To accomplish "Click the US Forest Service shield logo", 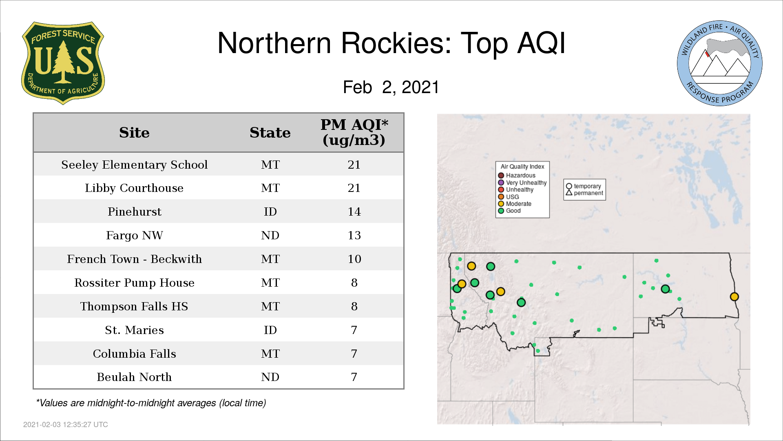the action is (63, 63).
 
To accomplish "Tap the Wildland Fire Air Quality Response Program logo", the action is (720, 63).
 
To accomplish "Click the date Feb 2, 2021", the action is (391, 87).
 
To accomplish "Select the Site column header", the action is (134, 133).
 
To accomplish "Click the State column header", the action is (270, 133).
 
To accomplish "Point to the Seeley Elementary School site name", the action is (134, 165).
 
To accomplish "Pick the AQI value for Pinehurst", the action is (354, 212).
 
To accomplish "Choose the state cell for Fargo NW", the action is (270, 235).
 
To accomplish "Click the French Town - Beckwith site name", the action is (134, 259).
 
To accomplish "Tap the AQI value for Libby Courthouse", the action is (354, 188).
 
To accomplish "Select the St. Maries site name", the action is (134, 330).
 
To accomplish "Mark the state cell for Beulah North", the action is (270, 377).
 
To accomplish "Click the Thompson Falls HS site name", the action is (134, 306).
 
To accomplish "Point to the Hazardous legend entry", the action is (517, 176).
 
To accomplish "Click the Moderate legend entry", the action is (515, 204).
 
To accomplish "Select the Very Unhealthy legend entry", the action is (522, 183).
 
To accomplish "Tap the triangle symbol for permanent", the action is (569, 192).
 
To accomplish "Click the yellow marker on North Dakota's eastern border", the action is (734, 297).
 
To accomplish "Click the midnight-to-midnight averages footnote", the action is (151, 403).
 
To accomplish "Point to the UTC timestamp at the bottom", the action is (66, 425).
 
